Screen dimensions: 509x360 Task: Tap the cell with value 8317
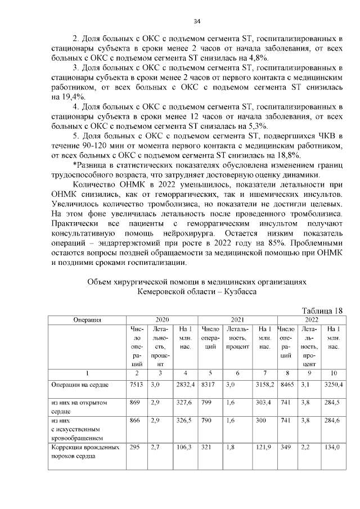click(209, 385)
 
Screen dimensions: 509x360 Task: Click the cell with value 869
click(135, 403)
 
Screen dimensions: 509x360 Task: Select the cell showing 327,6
click(184, 403)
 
